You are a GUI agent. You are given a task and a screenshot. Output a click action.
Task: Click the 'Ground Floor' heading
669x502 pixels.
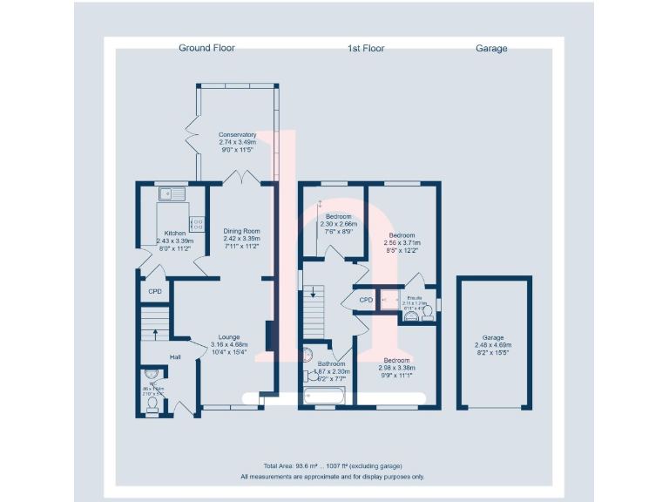point(206,48)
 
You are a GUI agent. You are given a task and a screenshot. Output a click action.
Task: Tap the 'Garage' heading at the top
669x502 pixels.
point(491,48)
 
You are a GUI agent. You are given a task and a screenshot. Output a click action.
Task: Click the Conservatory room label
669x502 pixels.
point(237,135)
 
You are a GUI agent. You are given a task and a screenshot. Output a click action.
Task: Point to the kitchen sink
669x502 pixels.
point(166,194)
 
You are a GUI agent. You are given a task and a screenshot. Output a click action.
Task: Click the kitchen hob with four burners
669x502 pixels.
point(196,224)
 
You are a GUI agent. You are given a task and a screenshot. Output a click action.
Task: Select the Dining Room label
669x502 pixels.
point(241,231)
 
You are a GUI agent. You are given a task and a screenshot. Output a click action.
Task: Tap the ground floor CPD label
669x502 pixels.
point(155,292)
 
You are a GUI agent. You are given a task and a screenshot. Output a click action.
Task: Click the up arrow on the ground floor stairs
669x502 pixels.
point(156,331)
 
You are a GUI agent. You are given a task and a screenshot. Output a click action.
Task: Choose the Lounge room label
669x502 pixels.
point(229,336)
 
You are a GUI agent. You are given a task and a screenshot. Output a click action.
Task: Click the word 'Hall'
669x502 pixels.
point(175,357)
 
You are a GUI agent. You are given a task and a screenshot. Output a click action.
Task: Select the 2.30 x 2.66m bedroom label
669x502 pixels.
point(338,216)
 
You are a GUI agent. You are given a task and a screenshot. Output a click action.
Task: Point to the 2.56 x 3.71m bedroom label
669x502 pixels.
point(402,235)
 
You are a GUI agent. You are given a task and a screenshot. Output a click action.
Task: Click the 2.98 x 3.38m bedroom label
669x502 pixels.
point(396,360)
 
